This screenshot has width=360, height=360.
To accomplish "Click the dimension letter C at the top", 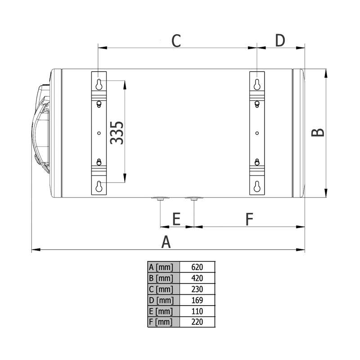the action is click(176, 41).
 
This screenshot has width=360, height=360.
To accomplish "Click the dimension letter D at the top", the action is click(280, 40).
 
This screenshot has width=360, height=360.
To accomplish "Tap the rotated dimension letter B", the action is click(318, 133).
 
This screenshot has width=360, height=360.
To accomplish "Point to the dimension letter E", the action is click(176, 219).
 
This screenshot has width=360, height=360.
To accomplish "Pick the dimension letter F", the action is click(249, 219).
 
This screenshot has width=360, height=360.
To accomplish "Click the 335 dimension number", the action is click(117, 133).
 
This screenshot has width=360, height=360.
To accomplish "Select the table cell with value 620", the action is click(197, 267).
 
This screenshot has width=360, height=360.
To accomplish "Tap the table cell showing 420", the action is click(197, 278).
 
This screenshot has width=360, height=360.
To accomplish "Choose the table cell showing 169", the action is click(197, 300).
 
